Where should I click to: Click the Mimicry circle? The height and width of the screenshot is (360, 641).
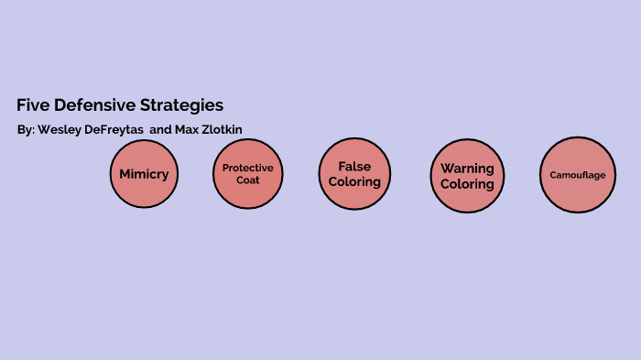[144, 173]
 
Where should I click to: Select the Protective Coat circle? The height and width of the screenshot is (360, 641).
[247, 173]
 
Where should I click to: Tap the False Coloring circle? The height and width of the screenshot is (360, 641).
[354, 173]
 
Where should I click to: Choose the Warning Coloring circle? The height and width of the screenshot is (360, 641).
[467, 175]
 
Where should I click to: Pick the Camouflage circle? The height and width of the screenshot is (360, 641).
[577, 174]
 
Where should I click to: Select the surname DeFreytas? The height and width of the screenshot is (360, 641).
[114, 129]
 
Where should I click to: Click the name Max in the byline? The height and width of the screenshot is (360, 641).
[187, 129]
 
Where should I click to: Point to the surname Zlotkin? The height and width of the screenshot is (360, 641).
[223, 129]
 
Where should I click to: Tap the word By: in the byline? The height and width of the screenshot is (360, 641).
[26, 129]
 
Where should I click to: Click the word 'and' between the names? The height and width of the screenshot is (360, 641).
[160, 129]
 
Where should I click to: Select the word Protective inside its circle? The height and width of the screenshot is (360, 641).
[247, 168]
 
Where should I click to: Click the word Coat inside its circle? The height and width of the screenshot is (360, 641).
[247, 180]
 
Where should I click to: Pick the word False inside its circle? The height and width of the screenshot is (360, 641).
[354, 167]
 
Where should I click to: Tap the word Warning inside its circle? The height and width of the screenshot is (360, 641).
[467, 169]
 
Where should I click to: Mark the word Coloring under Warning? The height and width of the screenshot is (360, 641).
[467, 183]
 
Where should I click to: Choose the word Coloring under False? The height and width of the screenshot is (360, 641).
[354, 181]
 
